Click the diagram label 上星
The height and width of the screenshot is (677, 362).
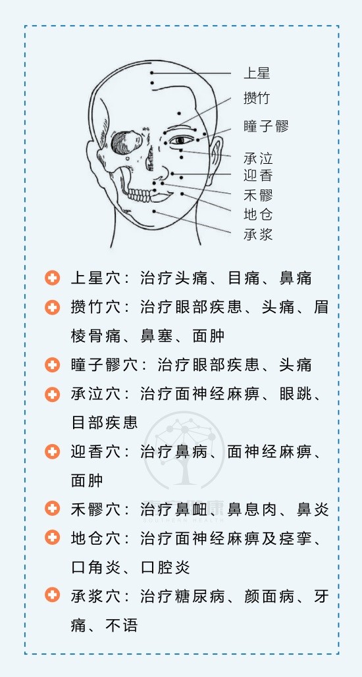pyautogui.click(x=257, y=73)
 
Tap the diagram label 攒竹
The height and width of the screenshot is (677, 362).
pyautogui.click(x=257, y=98)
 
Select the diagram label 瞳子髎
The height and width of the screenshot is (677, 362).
pyautogui.click(x=266, y=126)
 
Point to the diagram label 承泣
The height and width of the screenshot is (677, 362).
pyautogui.click(x=258, y=158)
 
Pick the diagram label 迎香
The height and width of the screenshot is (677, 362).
pyautogui.click(x=258, y=176)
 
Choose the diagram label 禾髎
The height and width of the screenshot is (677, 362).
pyautogui.click(x=258, y=195)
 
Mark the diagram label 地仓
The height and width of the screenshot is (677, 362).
pyautogui.click(x=258, y=214)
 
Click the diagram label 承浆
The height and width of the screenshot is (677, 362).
pyautogui.click(x=258, y=234)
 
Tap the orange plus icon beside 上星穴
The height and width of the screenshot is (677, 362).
pyautogui.click(x=52, y=278)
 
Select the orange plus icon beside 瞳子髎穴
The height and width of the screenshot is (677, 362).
pyautogui.click(x=52, y=365)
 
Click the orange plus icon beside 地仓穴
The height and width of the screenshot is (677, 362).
pyautogui.click(x=52, y=538)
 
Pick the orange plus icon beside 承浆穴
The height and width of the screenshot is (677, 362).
pyautogui.click(x=52, y=596)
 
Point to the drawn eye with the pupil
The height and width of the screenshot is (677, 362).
pyautogui.click(x=182, y=140)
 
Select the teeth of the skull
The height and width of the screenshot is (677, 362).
pyautogui.click(x=138, y=195)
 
